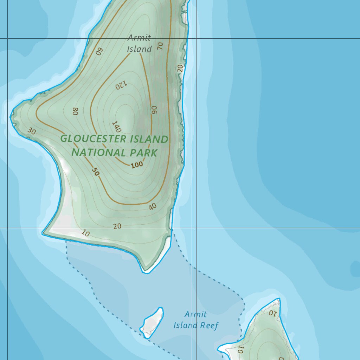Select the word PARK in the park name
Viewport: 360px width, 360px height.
(143, 153)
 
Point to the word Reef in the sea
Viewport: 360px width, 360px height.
(209, 326)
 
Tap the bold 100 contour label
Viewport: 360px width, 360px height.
(137, 165)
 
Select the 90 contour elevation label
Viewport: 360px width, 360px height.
(154, 109)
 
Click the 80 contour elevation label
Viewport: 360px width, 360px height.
(75, 111)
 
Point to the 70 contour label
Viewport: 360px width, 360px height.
(160, 46)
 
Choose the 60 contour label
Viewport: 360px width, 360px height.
(99, 51)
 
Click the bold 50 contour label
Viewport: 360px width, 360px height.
(95, 172)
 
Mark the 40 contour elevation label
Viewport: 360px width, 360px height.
(152, 207)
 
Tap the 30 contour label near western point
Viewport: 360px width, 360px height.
(32, 131)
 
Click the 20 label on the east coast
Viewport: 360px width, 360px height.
(180, 68)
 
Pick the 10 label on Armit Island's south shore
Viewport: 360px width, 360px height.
(85, 233)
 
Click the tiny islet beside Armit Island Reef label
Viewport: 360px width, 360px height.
(153, 322)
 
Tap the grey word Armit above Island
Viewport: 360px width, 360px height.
(139, 38)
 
